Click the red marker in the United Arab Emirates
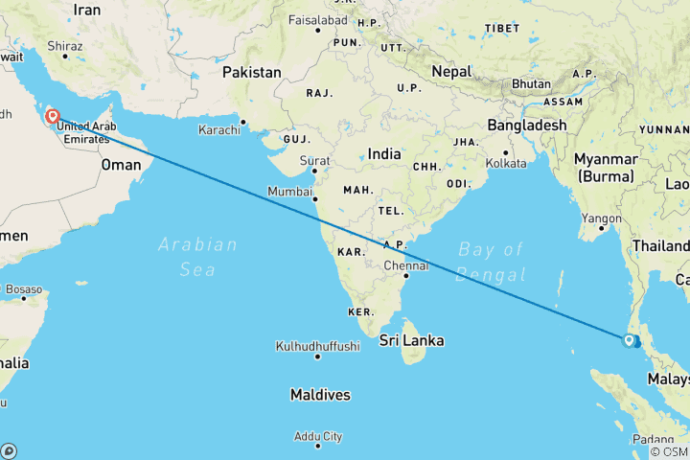(54, 117)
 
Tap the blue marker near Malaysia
(630, 340)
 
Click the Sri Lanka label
(411, 341)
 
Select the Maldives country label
(321, 395)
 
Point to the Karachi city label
(221, 129)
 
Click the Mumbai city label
(289, 192)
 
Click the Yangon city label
(602, 218)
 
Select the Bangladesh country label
(527, 125)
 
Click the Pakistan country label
(252, 72)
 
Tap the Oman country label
(122, 165)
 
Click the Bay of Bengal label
(492, 263)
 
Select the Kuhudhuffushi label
(317, 346)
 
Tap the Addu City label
(318, 437)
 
